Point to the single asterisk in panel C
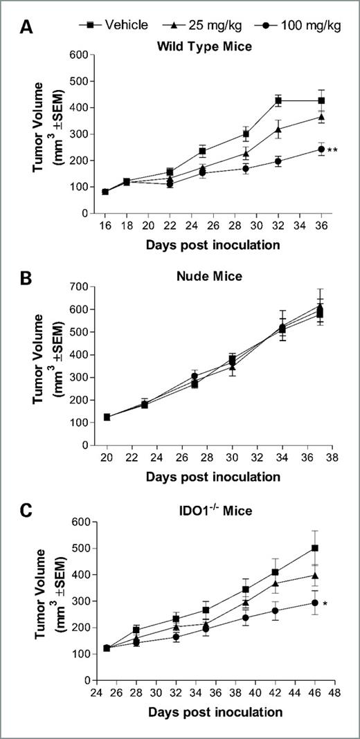(x=325, y=605)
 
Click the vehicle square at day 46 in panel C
(x=315, y=548)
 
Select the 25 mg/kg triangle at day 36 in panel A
(x=321, y=117)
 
